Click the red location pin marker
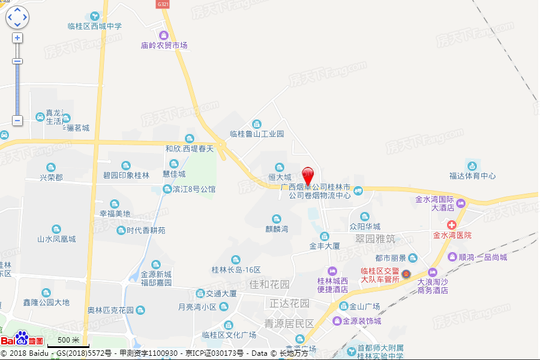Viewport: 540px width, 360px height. click(x=308, y=175)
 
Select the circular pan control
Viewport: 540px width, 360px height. click(x=17, y=17)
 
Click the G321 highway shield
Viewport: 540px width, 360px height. click(x=163, y=4)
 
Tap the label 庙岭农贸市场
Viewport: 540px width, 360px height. click(x=164, y=45)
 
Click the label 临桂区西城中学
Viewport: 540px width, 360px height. click(x=95, y=26)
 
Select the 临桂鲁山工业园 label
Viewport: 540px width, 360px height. click(x=257, y=134)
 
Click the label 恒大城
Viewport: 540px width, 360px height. click(x=280, y=177)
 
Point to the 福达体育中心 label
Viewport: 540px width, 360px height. click(x=472, y=176)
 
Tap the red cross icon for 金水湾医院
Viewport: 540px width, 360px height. click(x=451, y=224)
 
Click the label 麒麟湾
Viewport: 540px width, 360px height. click(x=277, y=229)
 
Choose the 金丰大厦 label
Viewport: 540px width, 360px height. click(x=325, y=246)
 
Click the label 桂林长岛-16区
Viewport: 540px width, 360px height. click(x=236, y=269)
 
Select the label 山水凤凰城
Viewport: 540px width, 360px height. click(x=56, y=239)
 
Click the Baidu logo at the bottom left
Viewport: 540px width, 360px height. click(x=22, y=340)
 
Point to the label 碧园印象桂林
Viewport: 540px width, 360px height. click(x=126, y=175)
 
